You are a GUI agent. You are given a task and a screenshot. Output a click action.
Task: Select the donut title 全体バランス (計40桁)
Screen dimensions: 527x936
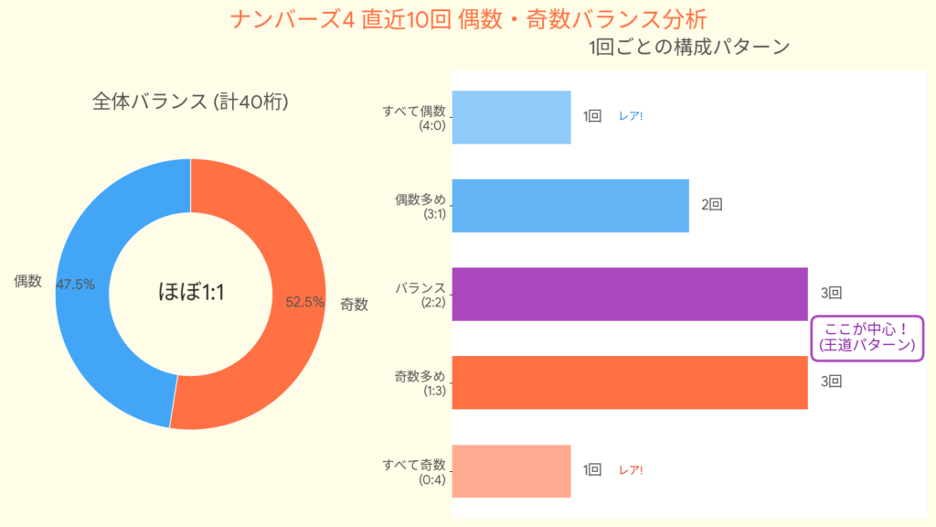tap(190, 102)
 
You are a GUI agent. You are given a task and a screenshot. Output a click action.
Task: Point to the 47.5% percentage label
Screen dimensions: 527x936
tap(76, 285)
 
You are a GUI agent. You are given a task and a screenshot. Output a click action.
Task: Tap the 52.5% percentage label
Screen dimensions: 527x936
tap(304, 302)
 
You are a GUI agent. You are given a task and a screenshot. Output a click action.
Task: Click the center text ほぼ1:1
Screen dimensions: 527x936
tap(190, 293)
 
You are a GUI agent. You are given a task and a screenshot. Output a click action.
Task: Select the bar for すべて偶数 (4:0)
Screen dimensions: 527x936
tap(511, 117)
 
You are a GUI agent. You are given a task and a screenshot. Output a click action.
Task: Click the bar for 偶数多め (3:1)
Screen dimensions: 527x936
tap(569, 206)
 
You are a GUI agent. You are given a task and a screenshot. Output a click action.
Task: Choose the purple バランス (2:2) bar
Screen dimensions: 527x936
tap(629, 294)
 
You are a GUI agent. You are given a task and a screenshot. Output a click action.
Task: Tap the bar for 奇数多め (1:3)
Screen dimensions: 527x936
tap(629, 382)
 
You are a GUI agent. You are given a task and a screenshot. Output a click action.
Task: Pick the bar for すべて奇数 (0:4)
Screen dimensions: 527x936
tap(511, 470)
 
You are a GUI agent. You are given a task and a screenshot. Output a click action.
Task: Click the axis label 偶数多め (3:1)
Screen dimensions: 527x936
tap(420, 206)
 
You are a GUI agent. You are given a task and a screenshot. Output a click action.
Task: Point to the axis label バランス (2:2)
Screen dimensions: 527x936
tap(420, 294)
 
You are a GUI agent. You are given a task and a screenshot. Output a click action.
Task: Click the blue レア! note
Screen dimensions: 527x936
tap(631, 117)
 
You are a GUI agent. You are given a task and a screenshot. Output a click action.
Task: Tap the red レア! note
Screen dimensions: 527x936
tap(631, 470)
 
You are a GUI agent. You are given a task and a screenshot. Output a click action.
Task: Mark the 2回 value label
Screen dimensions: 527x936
tap(712, 205)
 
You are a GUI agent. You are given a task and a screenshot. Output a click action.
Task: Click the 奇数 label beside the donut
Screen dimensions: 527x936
tap(354, 305)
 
